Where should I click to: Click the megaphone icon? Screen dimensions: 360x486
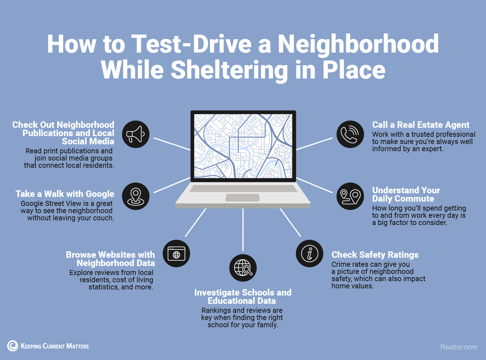click(135, 134)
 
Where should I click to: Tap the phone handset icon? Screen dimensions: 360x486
click(350, 134)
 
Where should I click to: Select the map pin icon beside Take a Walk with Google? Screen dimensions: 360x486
click(135, 196)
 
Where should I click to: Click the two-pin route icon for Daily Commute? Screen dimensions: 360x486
click(350, 196)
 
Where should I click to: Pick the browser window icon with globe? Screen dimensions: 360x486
click(176, 253)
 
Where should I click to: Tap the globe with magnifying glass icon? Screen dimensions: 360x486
click(243, 268)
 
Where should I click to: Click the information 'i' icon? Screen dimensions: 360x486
click(310, 253)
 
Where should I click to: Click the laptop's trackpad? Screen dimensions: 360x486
click(242, 198)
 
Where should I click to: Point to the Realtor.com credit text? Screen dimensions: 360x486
click(459, 347)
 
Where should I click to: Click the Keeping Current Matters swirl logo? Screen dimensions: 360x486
click(13, 346)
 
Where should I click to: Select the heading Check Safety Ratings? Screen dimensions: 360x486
click(375, 255)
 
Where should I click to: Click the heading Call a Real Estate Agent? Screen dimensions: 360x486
click(420, 125)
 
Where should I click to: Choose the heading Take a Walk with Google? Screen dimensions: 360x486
click(65, 194)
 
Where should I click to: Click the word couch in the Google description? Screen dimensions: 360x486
click(103, 218)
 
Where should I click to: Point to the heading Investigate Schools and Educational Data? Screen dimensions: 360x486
click(243, 297)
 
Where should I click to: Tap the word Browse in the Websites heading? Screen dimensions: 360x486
click(81, 255)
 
